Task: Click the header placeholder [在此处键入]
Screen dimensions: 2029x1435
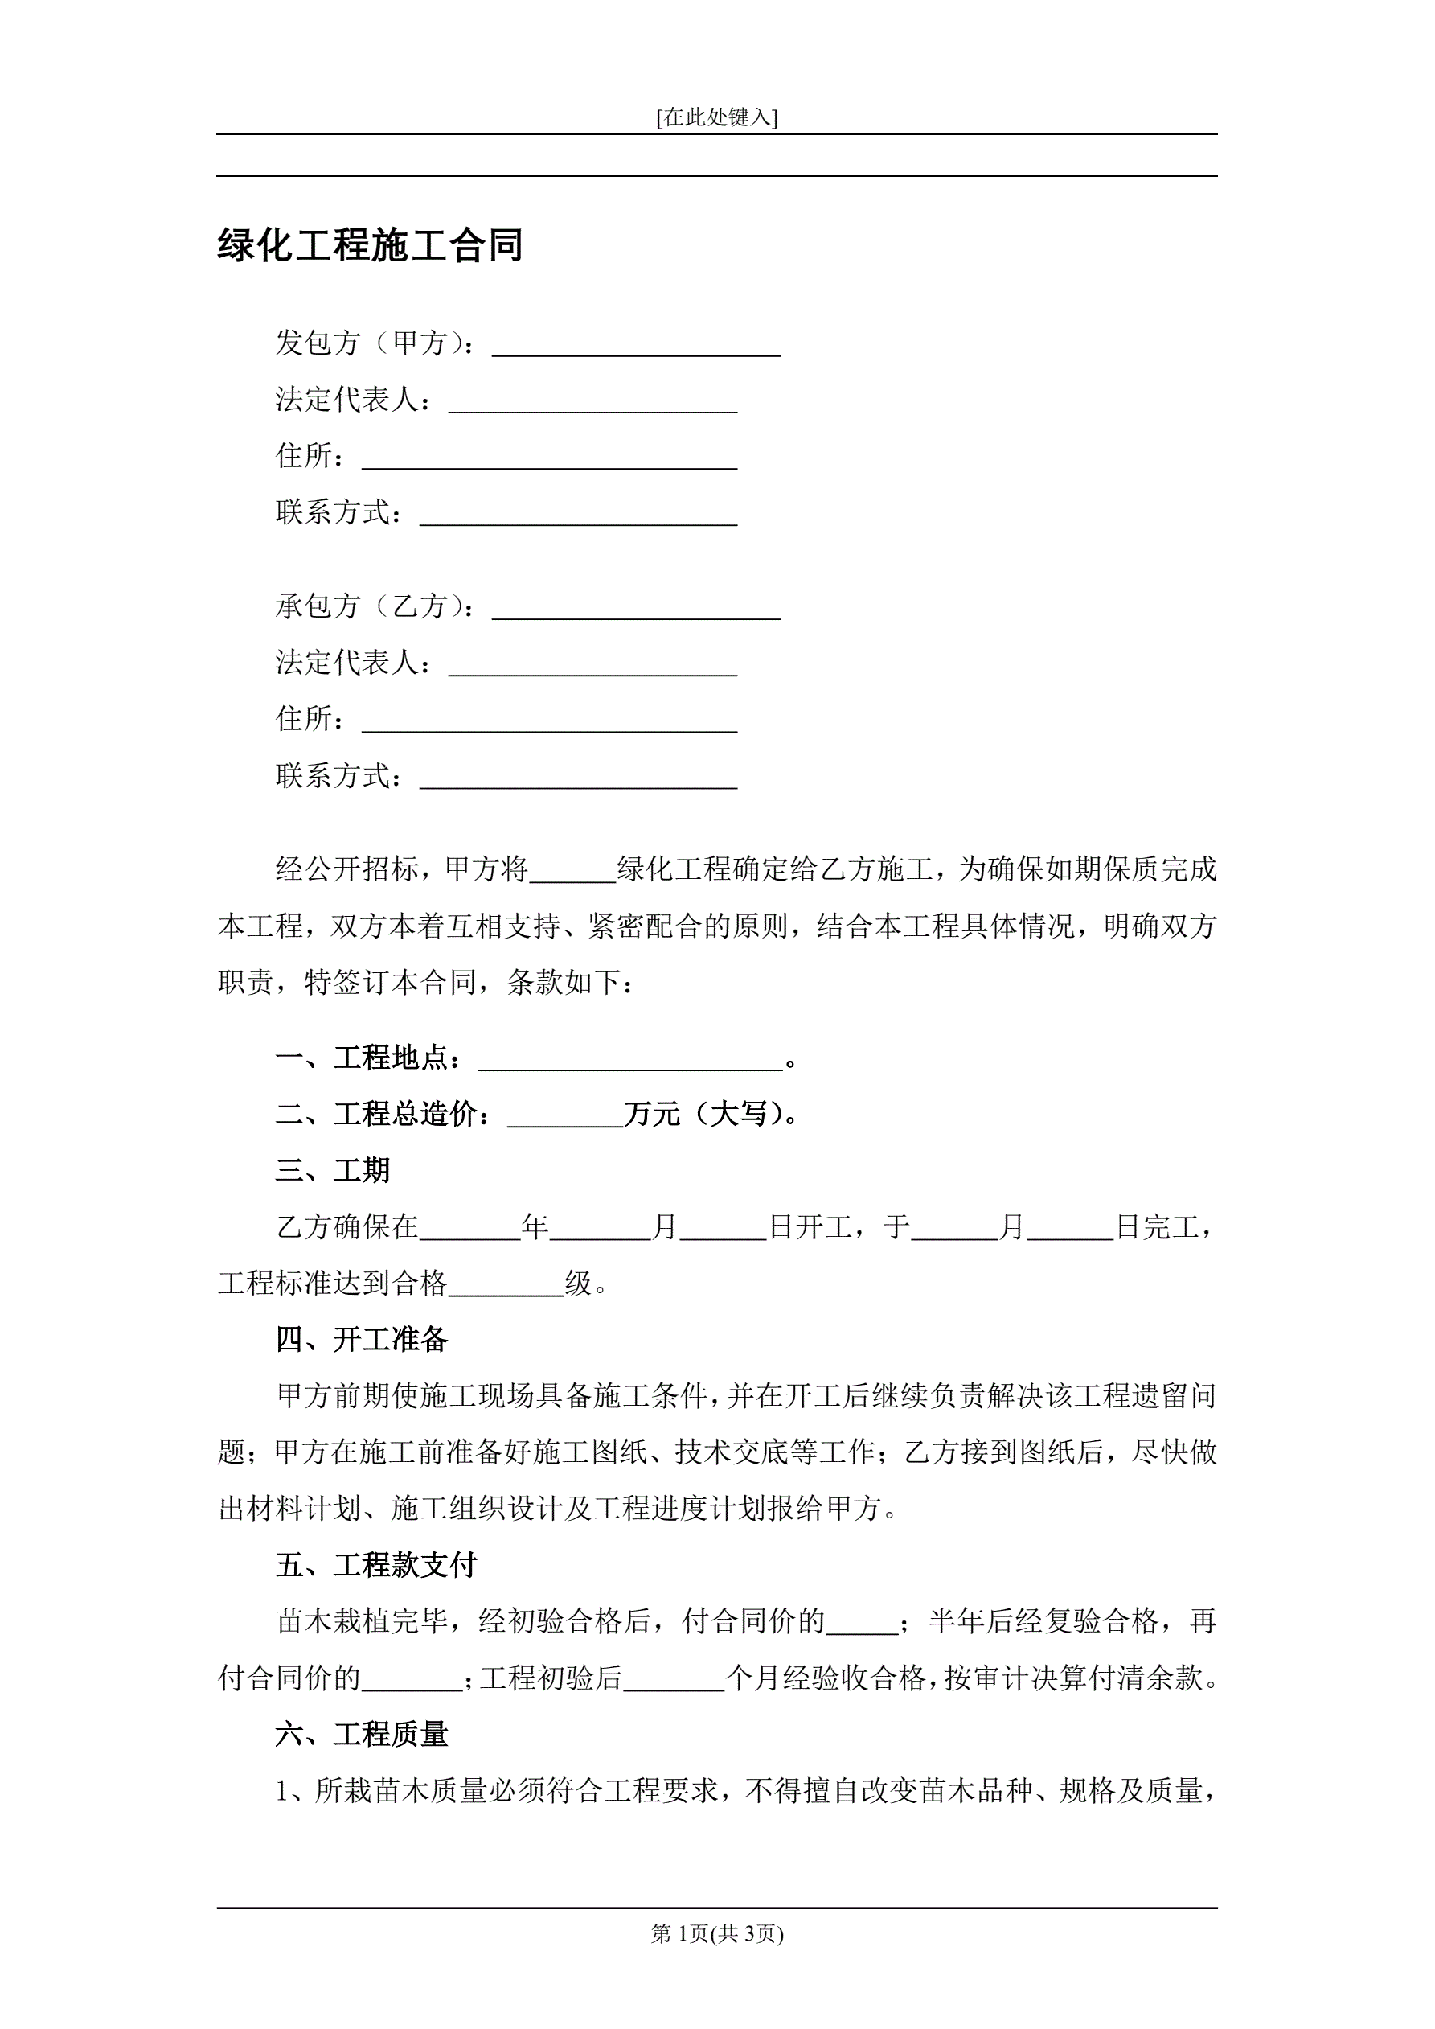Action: (x=716, y=117)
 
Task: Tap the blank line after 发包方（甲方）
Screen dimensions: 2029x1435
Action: (x=635, y=345)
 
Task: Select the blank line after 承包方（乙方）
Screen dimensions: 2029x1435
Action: (x=635, y=608)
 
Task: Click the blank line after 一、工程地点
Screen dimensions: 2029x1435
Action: (x=629, y=1060)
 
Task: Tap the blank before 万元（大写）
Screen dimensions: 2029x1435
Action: (x=564, y=1116)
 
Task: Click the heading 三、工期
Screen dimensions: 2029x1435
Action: (x=332, y=1171)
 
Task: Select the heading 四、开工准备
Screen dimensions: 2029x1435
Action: (x=362, y=1340)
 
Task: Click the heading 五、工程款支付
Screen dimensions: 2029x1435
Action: (x=375, y=1565)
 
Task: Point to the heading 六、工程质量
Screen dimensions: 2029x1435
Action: (x=362, y=1734)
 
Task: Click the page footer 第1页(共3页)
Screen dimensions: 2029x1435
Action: (x=716, y=1933)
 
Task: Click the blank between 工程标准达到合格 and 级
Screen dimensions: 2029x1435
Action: (x=506, y=1285)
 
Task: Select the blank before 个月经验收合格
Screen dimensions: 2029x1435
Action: (x=674, y=1678)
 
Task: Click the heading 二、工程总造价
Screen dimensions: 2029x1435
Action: (x=383, y=1115)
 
